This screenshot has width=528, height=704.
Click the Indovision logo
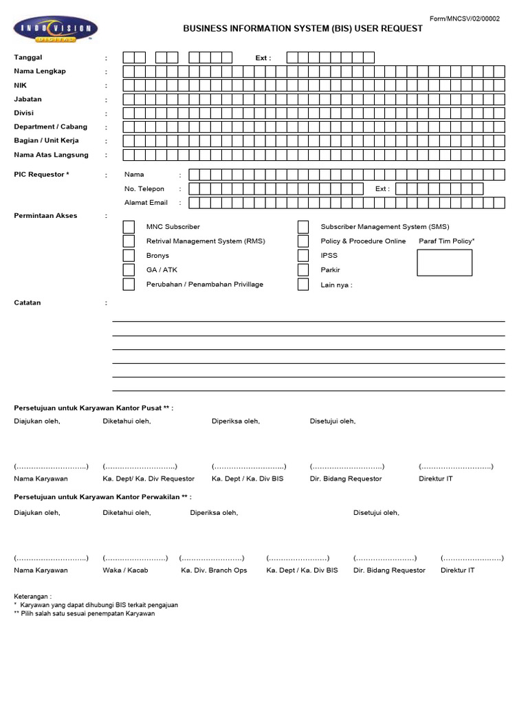(56, 29)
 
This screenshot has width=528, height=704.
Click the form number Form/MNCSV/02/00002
(464, 19)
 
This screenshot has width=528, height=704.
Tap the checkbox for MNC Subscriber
(129, 227)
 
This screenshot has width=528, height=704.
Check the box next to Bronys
(129, 256)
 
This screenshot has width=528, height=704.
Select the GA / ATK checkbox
(129, 270)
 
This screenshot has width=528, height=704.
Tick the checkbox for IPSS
(303, 256)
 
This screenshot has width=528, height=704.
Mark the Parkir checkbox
(303, 270)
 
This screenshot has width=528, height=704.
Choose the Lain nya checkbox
(303, 285)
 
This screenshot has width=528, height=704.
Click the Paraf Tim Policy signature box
(445, 263)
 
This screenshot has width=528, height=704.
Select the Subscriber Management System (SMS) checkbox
(303, 227)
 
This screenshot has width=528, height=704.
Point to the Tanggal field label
(28, 58)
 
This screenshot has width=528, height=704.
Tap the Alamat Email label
(146, 203)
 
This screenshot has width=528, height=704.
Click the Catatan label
(27, 302)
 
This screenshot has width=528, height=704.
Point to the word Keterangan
(32, 596)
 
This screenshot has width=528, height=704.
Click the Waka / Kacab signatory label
(125, 571)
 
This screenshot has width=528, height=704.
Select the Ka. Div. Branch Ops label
(214, 571)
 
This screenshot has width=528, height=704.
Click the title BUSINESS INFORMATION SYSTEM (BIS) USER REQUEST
(302, 29)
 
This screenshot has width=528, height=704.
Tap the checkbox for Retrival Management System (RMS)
(129, 241)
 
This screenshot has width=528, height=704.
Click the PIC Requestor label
(41, 175)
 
